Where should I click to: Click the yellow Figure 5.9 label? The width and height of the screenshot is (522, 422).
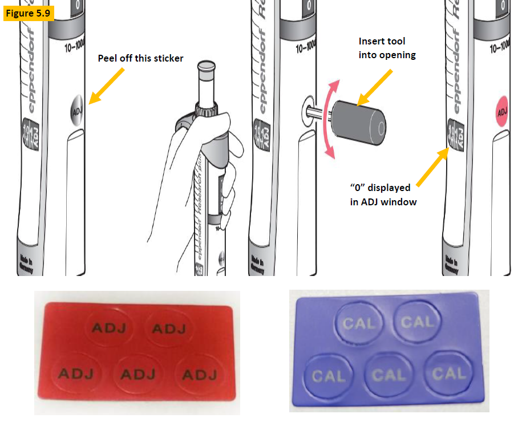[x=29, y=13]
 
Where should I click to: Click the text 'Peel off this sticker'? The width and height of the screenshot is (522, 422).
[x=140, y=58]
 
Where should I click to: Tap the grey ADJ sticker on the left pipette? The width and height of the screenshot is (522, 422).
[x=76, y=105]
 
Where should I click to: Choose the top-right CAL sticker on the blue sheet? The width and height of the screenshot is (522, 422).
[x=416, y=323]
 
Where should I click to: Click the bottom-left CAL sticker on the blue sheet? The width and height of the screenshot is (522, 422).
[x=329, y=376]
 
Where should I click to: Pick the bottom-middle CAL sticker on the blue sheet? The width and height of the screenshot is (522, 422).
[x=389, y=375]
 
